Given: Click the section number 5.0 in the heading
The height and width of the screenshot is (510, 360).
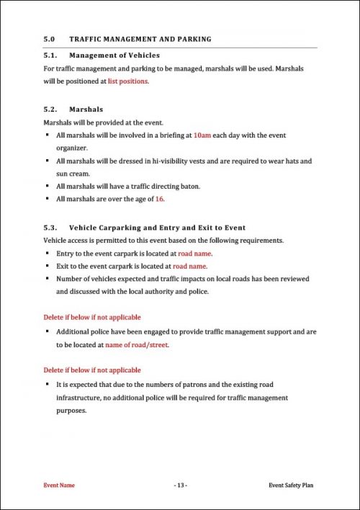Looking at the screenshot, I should [50, 39].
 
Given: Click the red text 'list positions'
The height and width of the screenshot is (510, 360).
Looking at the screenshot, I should [128, 81].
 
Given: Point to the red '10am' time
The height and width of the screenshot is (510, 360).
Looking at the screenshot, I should [203, 135].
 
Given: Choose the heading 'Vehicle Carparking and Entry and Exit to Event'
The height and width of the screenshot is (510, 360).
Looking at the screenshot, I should [157, 227].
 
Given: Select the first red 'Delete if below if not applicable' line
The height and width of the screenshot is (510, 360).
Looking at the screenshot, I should [92, 317].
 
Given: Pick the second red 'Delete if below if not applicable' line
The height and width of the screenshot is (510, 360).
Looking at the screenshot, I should [92, 370].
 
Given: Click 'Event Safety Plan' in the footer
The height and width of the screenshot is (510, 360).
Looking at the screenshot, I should [290, 486].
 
